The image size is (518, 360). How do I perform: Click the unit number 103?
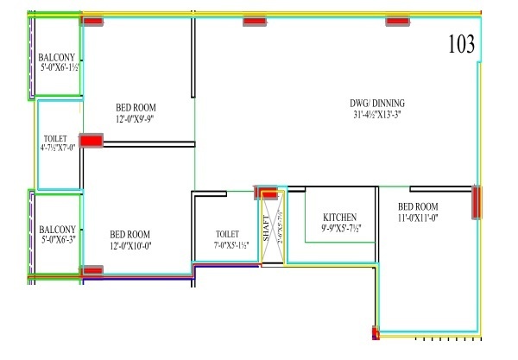(462, 46)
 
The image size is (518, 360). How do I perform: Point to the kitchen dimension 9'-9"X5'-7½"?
(340, 228)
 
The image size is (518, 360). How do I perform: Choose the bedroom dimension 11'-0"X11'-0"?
(418, 219)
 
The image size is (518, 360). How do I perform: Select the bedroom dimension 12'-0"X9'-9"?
(135, 119)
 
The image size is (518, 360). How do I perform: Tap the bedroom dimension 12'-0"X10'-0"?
(130, 247)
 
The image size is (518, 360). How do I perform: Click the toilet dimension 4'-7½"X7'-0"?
(59, 148)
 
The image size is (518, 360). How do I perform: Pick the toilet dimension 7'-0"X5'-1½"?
(228, 244)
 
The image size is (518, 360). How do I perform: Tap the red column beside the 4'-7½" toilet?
(91, 140)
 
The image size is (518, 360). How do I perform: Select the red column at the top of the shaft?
(269, 193)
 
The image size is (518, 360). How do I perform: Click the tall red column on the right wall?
(476, 203)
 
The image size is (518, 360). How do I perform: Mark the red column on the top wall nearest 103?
(396, 22)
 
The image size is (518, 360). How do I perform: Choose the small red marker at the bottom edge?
(375, 332)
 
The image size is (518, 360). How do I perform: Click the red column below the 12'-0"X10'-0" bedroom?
(92, 271)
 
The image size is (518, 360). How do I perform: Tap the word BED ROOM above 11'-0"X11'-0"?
(418, 207)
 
